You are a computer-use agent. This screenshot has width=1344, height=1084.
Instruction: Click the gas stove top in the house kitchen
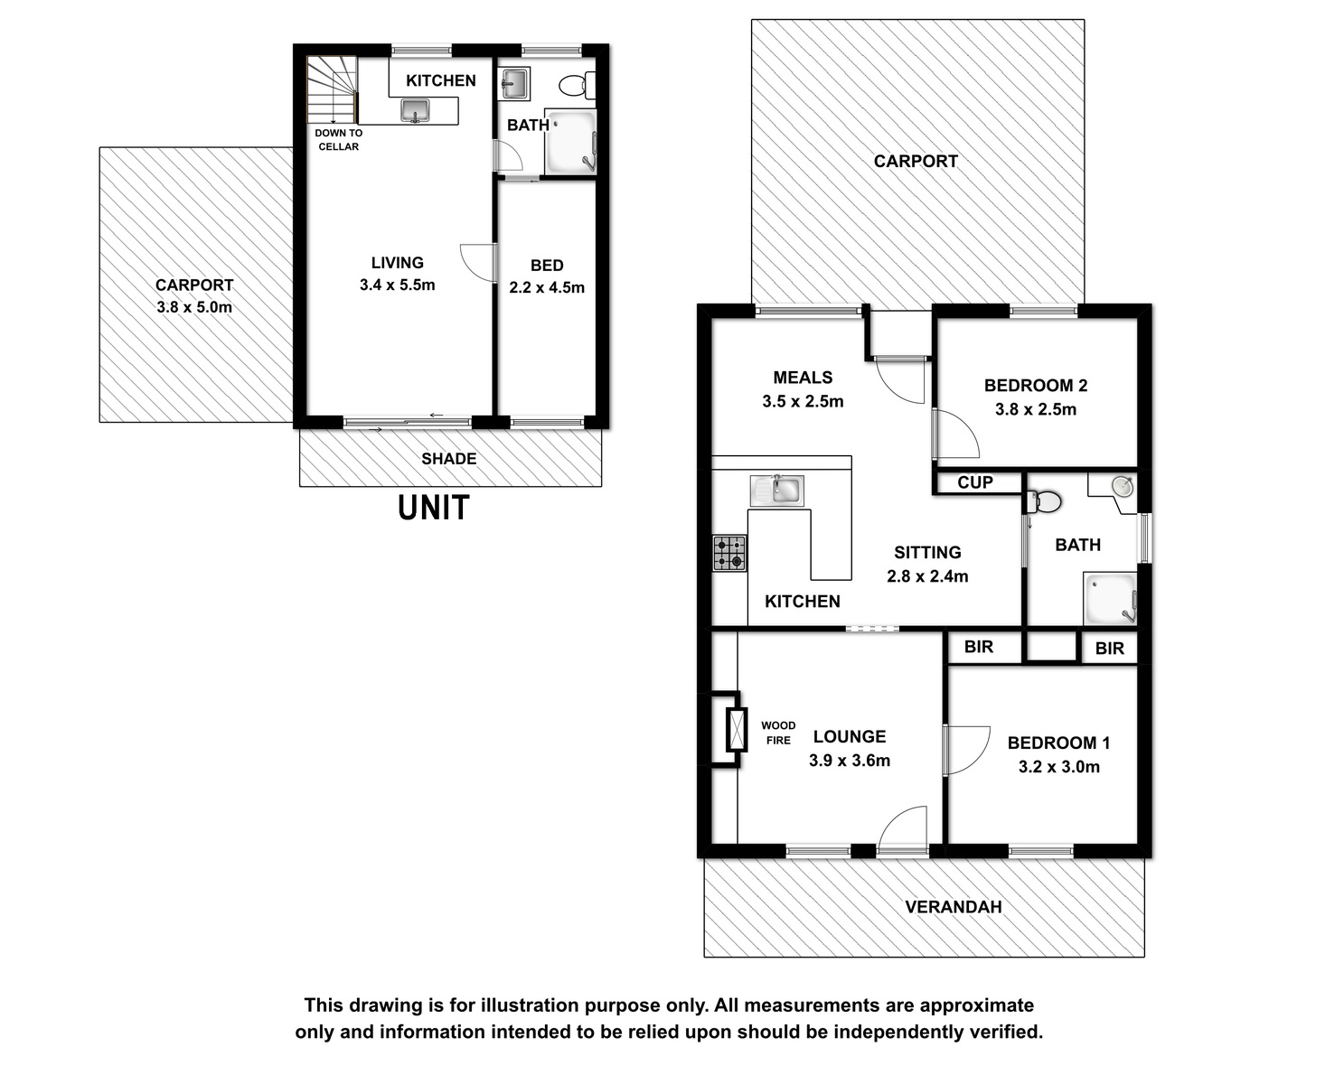coord(729,553)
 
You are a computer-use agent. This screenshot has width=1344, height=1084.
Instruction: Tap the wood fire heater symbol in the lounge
coord(737,729)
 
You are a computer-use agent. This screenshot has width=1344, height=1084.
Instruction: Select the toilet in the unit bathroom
coord(577,85)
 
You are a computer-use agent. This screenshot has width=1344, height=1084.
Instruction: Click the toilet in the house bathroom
coord(1045,501)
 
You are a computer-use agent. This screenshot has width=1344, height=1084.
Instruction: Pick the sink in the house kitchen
coord(777,491)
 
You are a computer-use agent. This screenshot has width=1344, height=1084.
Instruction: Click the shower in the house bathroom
coord(1110,598)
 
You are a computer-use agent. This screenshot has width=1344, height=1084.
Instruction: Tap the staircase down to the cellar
coord(332,89)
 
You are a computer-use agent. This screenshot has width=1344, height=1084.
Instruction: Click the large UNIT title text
coord(434,508)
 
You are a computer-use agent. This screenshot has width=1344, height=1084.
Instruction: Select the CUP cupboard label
coord(975,482)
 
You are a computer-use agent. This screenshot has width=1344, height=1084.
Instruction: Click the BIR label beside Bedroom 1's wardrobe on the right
coord(1109,649)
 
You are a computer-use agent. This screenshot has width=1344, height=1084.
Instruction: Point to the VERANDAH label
coord(953,907)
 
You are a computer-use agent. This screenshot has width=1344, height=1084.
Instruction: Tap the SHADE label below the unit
coord(449,459)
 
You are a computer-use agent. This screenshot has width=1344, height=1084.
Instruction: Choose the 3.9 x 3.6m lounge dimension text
coord(850,761)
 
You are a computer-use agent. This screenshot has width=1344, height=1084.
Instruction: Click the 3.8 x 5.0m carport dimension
coord(194,307)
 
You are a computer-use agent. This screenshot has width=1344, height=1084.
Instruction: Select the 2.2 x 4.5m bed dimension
coord(547,288)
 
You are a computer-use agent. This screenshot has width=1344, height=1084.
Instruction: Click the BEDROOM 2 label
coord(1036,386)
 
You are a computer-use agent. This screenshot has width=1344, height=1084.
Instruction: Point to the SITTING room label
coord(927,553)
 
